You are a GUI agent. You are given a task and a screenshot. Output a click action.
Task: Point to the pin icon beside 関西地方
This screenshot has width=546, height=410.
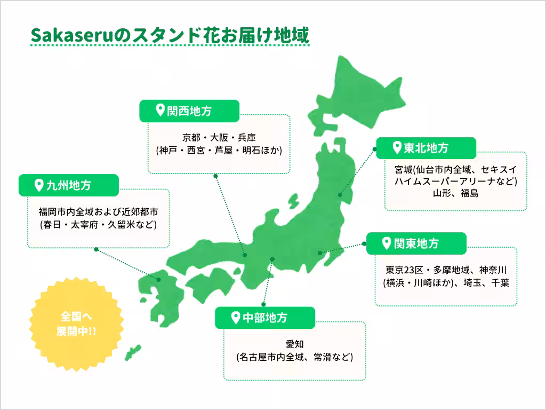(159, 111)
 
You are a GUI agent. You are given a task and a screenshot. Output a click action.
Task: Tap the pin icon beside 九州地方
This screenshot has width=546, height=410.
(38, 185)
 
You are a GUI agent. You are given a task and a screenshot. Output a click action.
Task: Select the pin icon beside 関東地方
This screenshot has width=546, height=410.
(387, 243)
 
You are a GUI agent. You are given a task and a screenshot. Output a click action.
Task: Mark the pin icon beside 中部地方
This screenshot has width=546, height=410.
(235, 318)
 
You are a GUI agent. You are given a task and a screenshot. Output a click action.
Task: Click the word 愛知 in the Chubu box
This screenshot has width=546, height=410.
(294, 343)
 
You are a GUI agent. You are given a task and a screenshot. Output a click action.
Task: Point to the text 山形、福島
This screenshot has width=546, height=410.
(456, 193)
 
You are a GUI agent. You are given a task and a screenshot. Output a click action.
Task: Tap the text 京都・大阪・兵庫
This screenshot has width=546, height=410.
(219, 137)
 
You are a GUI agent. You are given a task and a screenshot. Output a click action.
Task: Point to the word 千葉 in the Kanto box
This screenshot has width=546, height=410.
(500, 282)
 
